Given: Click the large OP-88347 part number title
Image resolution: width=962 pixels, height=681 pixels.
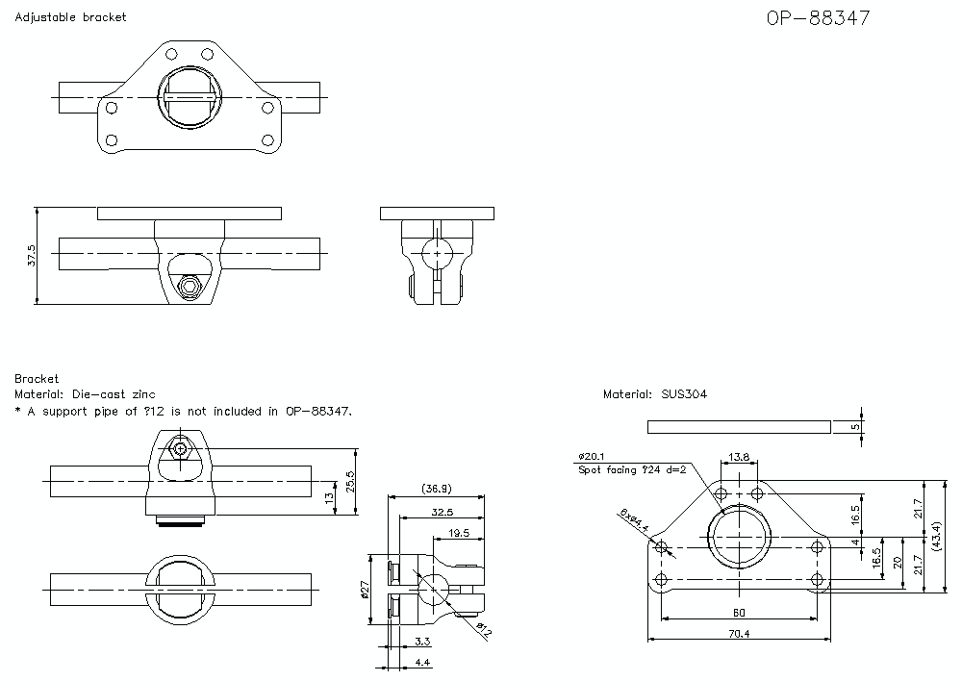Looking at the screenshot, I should coord(818,18).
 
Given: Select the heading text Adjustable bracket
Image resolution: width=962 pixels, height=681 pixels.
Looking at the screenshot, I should coord(70,17).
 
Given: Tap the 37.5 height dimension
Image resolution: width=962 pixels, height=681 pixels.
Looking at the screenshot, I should coord(31,256).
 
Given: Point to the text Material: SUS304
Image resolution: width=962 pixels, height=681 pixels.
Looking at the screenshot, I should coord(656,394).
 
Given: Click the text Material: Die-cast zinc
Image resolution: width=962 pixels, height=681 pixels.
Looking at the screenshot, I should coord(85,394).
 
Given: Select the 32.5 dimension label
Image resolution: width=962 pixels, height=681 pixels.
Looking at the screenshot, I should coord(443,512).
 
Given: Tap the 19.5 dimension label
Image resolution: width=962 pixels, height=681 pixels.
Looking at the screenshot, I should coord(458,532).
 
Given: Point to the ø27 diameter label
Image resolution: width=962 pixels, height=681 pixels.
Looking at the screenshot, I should coord(365,589).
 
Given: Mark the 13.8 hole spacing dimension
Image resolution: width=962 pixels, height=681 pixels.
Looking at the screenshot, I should coord(739,457).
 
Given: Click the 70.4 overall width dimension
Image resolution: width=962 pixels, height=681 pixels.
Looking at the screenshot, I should coord(738,634).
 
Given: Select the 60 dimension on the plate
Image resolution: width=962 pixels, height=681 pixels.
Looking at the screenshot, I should coord(738,613).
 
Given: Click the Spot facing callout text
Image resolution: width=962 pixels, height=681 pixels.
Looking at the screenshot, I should coord(632,470).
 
